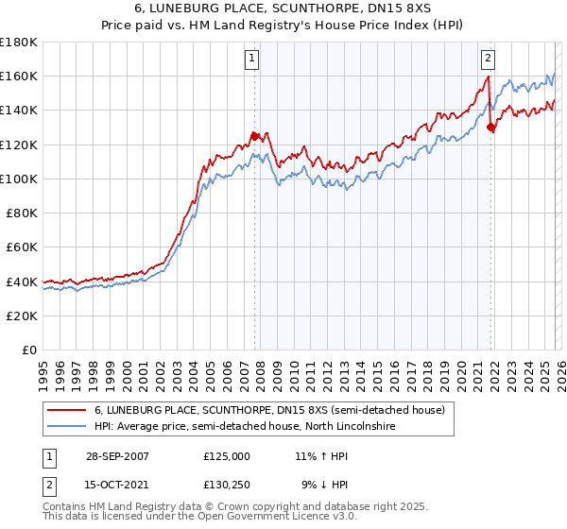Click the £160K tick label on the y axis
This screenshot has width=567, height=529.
click(19, 76)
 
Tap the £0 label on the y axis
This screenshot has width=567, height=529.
click(30, 350)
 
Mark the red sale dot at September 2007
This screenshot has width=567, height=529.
click(254, 135)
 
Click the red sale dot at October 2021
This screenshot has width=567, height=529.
click(490, 127)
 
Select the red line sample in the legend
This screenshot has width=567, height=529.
click(67, 410)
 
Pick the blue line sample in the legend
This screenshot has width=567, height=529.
click(67, 427)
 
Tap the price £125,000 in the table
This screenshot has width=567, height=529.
click(226, 455)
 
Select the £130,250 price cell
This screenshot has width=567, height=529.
click(226, 486)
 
